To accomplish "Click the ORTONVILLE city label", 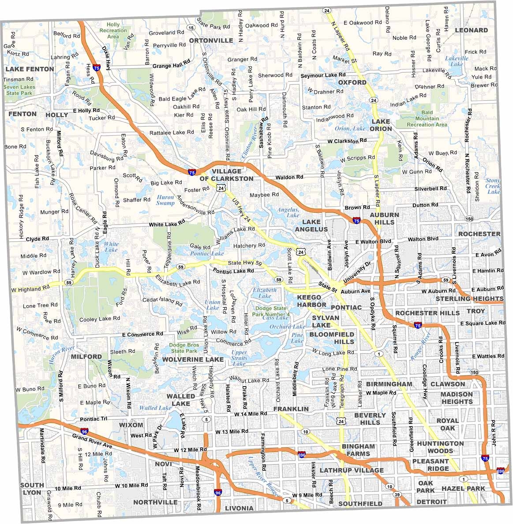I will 211,41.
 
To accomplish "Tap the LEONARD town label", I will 471,30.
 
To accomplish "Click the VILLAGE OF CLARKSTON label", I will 226,175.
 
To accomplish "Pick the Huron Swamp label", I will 165,200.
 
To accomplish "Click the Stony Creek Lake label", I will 493,186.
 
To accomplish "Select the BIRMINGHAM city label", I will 389,384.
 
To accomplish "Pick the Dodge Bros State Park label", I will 184,348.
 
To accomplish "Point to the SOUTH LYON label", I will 32,488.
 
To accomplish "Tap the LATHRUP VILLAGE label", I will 352,470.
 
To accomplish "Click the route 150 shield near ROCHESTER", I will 469,219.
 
